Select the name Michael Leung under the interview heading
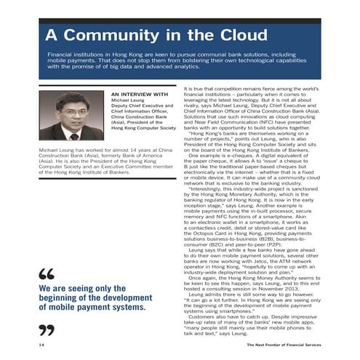[129, 100]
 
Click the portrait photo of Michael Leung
[71, 116]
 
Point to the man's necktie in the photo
[73, 135]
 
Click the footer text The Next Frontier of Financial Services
[283, 343]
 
